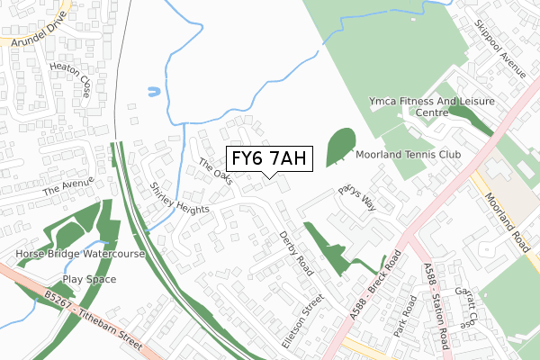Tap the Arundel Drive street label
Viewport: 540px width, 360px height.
[x=35, y=30]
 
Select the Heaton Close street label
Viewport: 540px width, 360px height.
[x=72, y=86]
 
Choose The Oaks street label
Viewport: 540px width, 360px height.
[x=216, y=171]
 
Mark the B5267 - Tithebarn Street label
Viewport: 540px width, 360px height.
[x=94, y=318]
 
